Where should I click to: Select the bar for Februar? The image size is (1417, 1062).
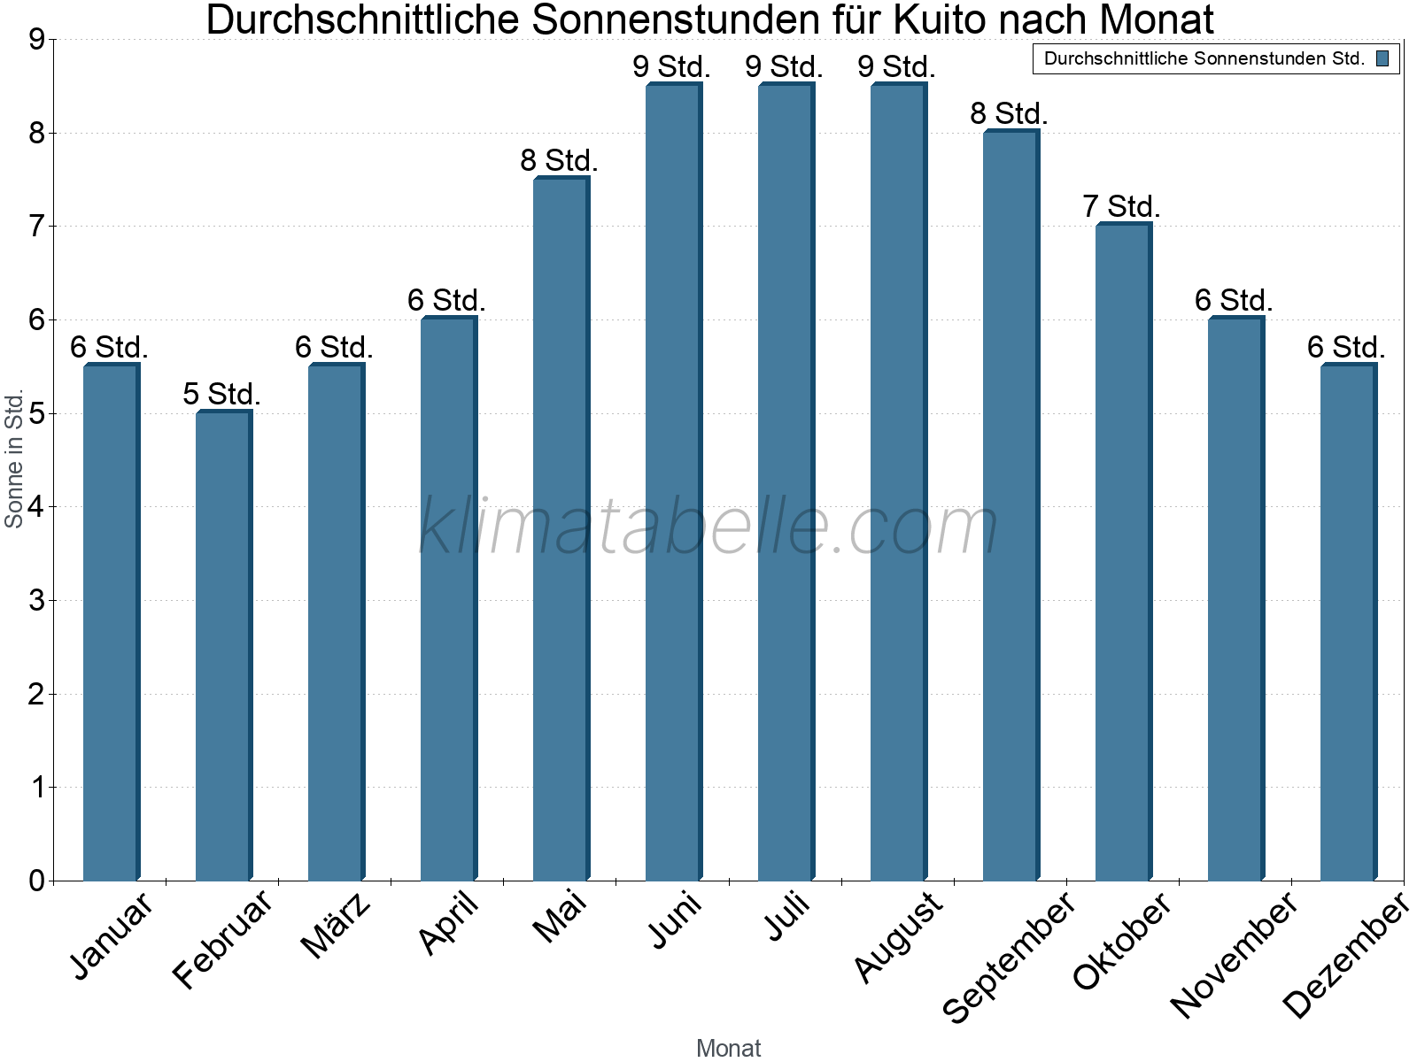pyautogui.click(x=223, y=646)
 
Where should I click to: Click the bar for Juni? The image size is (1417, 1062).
pyautogui.click(x=673, y=482)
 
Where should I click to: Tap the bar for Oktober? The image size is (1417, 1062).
pyautogui.click(x=1123, y=552)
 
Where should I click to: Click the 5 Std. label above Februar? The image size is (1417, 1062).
pyautogui.click(x=221, y=394)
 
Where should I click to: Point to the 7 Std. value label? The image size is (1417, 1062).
pyautogui.click(x=1121, y=206)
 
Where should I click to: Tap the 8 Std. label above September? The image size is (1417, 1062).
pyautogui.click(x=1009, y=113)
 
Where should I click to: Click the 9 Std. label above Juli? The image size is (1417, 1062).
pyautogui.click(x=784, y=66)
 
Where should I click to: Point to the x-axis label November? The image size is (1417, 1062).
pyautogui.click(x=1235, y=953)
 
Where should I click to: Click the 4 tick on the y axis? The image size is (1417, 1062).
pyautogui.click(x=36, y=507)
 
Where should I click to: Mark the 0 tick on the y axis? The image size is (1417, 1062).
pyautogui.click(x=36, y=881)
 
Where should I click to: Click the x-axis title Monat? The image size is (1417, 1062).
pyautogui.click(x=728, y=1048)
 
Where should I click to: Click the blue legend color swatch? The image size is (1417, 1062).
pyautogui.click(x=1382, y=59)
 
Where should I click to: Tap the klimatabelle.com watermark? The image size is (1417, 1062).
pyautogui.click(x=708, y=527)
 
